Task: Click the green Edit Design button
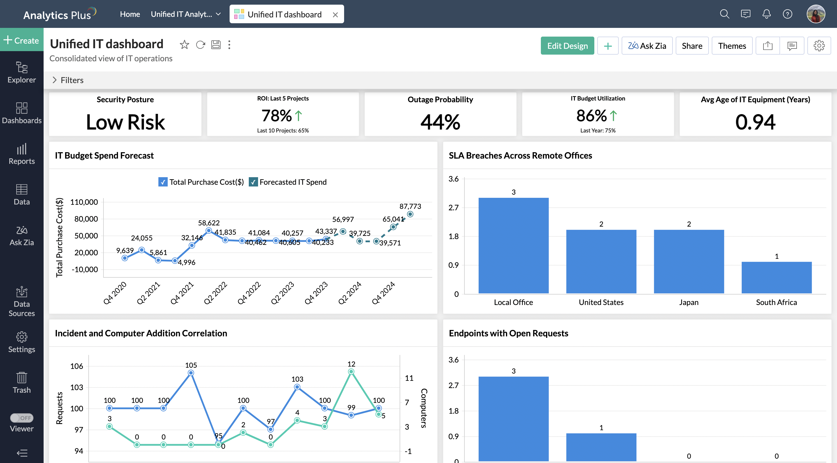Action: (x=567, y=46)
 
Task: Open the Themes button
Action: (x=732, y=46)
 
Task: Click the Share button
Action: (x=692, y=46)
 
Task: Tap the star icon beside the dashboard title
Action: (x=184, y=44)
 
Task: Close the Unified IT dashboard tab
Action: (x=335, y=15)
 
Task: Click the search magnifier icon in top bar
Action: (x=724, y=14)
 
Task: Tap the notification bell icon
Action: (x=766, y=14)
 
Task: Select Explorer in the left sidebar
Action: (x=22, y=72)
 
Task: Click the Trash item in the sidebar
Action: (x=22, y=383)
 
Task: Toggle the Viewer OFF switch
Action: (x=22, y=418)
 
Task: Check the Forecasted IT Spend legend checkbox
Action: (x=253, y=182)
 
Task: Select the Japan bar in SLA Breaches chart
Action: (x=688, y=261)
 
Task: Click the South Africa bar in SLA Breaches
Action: (x=776, y=277)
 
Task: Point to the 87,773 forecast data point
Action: (x=410, y=214)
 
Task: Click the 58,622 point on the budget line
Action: (x=209, y=231)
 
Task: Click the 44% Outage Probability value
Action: (x=440, y=122)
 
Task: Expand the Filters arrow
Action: (x=55, y=80)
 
